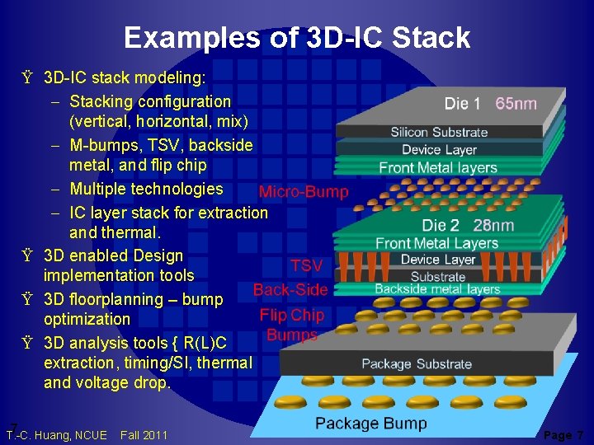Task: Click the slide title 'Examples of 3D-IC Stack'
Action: pos(297,37)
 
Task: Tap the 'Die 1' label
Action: pos(462,104)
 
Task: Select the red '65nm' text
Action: pos(516,104)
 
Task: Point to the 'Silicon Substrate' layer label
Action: pos(439,132)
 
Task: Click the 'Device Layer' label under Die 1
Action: pos(439,150)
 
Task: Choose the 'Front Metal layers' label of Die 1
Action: pos(438,168)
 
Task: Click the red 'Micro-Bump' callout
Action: pos(304,192)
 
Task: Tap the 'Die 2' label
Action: pos(441,225)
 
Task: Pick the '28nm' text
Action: pos(493,225)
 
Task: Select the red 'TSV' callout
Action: pos(306,265)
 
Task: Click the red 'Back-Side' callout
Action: pos(290,290)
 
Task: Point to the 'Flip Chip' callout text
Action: pos(292,315)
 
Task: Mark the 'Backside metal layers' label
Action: pos(437,289)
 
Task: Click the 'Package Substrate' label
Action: pos(417,363)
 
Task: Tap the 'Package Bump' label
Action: pos(371,424)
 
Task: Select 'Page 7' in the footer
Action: pos(563,435)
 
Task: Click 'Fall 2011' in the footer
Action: pos(144,435)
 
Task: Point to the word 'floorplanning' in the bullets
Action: pos(128,299)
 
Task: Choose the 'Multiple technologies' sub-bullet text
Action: pos(146,189)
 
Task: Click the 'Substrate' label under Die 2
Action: pos(438,277)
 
